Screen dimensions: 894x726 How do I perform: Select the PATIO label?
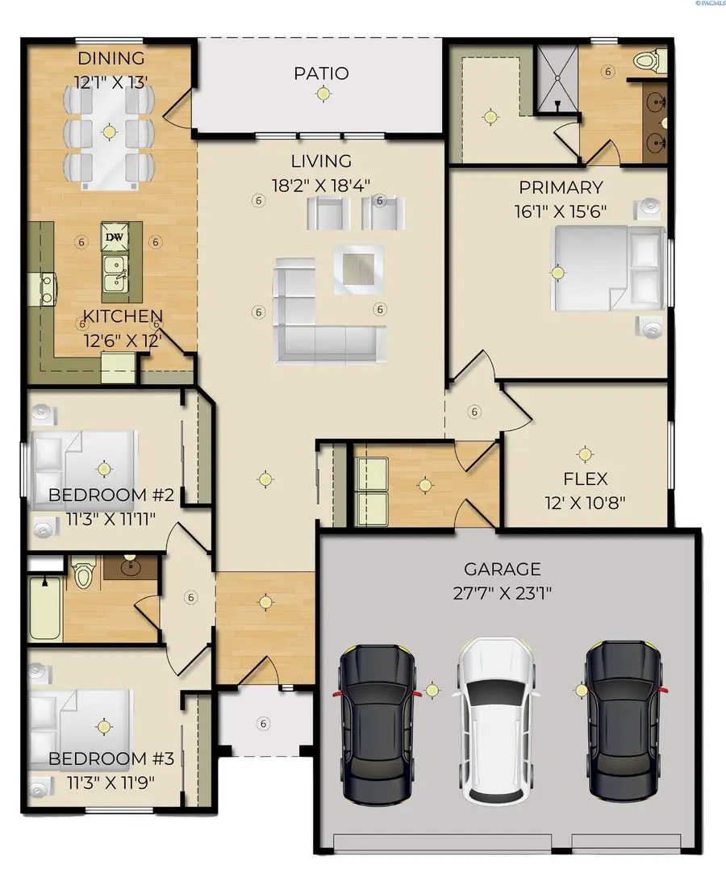coord(321,73)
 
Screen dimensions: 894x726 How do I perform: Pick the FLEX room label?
coord(585,479)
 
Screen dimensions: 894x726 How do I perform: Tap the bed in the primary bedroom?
coord(605,268)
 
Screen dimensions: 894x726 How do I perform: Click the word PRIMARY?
coord(561,187)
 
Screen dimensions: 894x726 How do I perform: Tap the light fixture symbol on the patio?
coord(323,94)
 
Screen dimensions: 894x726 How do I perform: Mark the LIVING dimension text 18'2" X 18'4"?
coord(322,184)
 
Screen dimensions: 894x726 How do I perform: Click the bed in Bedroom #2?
coord(85,466)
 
